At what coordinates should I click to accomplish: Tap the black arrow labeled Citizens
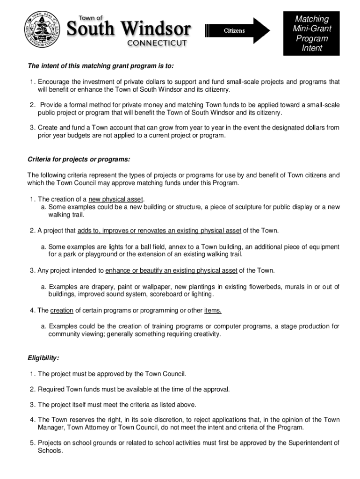238,31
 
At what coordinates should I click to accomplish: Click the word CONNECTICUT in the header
157,43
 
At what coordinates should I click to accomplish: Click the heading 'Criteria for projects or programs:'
79,160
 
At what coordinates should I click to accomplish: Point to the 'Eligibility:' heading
43,358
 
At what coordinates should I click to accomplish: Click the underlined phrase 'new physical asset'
120,199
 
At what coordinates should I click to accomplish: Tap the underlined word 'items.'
213,310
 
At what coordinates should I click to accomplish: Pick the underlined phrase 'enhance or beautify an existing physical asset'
172,270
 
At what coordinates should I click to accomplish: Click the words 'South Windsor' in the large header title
130,29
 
